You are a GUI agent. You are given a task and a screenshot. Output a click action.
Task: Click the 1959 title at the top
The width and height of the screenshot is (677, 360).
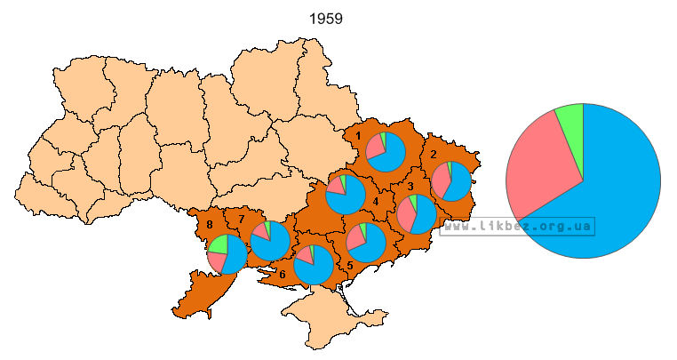click(326, 18)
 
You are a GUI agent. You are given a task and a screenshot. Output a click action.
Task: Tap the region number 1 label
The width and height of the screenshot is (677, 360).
click(357, 136)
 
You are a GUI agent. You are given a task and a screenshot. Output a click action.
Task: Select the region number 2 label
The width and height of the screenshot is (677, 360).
click(433, 154)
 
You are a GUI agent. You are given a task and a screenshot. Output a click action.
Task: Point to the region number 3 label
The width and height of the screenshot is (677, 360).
click(410, 186)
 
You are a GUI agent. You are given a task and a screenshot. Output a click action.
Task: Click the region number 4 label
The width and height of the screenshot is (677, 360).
click(376, 202)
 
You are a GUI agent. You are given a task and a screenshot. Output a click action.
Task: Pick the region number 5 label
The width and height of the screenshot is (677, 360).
click(350, 265)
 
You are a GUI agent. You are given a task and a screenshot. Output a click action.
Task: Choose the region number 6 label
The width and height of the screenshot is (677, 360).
click(282, 275)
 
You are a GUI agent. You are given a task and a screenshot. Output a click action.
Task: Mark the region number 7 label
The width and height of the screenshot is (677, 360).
click(241, 219)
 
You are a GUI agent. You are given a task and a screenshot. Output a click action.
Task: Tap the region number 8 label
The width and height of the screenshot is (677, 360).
click(210, 225)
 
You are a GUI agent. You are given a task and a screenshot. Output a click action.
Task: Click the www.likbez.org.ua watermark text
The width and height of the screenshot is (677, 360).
click(517, 226)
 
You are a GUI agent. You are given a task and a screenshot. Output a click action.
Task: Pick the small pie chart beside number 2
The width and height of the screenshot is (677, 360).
click(451, 180)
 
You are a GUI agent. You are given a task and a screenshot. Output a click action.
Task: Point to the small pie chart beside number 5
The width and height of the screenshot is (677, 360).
click(366, 243)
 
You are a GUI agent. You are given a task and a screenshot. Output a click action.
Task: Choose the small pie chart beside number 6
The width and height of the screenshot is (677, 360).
click(314, 265)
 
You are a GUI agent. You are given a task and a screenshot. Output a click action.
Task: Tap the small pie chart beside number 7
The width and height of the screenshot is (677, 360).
click(270, 241)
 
